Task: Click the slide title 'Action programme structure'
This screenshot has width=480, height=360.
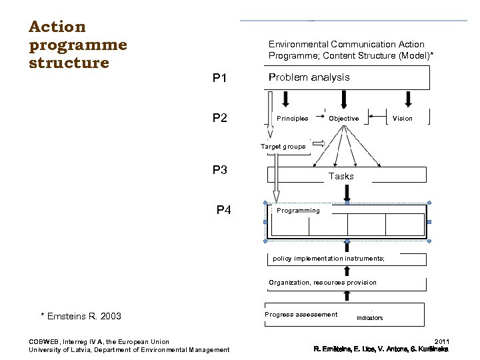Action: (x=77, y=45)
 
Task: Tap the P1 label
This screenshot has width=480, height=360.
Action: (x=220, y=79)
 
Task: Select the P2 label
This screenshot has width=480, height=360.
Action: (x=220, y=119)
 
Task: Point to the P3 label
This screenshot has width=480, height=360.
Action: (x=220, y=169)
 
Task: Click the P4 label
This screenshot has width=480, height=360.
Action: (x=224, y=211)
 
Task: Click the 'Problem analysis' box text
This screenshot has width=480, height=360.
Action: (x=309, y=77)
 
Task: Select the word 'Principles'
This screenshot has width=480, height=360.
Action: (x=292, y=119)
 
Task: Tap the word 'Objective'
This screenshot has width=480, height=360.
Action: (x=344, y=119)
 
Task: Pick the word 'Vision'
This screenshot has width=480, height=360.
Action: (x=403, y=119)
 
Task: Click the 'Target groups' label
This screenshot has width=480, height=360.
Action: (x=283, y=147)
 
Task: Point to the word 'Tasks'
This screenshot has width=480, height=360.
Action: (x=341, y=177)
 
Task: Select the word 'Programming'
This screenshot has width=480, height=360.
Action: (x=298, y=211)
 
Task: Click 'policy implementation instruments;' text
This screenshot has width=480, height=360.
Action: (x=329, y=259)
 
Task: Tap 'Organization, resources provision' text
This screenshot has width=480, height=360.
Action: (x=323, y=283)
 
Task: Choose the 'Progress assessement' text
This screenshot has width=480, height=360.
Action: (x=301, y=315)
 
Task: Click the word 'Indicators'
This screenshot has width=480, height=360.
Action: (x=370, y=318)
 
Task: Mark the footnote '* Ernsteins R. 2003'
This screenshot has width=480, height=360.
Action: (x=81, y=316)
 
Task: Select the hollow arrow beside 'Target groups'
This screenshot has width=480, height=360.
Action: (x=319, y=143)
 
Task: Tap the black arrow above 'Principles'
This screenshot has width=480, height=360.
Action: (x=286, y=99)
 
